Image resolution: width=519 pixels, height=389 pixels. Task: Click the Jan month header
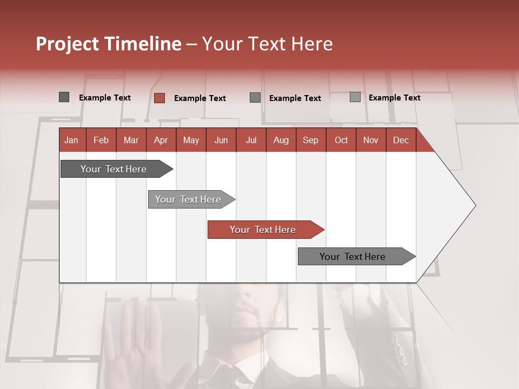71,140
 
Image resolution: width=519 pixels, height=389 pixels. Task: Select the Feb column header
101,140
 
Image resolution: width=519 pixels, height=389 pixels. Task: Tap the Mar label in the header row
131,140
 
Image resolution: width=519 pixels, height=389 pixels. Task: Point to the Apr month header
161,140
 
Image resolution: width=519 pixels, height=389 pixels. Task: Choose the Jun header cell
221,140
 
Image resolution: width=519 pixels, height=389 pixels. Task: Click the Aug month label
281,140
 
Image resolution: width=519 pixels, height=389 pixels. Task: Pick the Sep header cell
310,140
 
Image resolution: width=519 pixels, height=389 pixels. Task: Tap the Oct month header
341,140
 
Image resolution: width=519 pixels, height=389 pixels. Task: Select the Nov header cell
371,140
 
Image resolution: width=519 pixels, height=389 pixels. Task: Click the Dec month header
401,140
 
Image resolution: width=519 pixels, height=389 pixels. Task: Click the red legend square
159,98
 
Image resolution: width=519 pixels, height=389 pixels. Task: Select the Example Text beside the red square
199,98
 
